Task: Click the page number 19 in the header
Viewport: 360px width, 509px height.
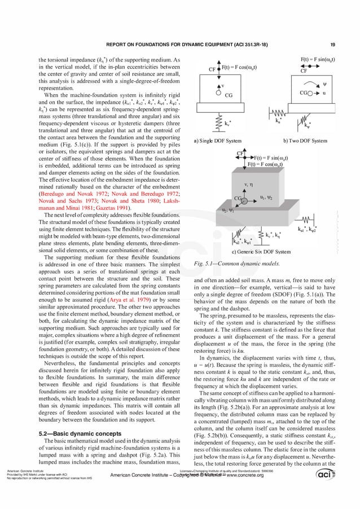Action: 333,45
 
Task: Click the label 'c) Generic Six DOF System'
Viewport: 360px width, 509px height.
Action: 261,252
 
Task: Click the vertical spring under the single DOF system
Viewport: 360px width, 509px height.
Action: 219,121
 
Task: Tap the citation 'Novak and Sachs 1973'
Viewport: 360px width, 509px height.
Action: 62,201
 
